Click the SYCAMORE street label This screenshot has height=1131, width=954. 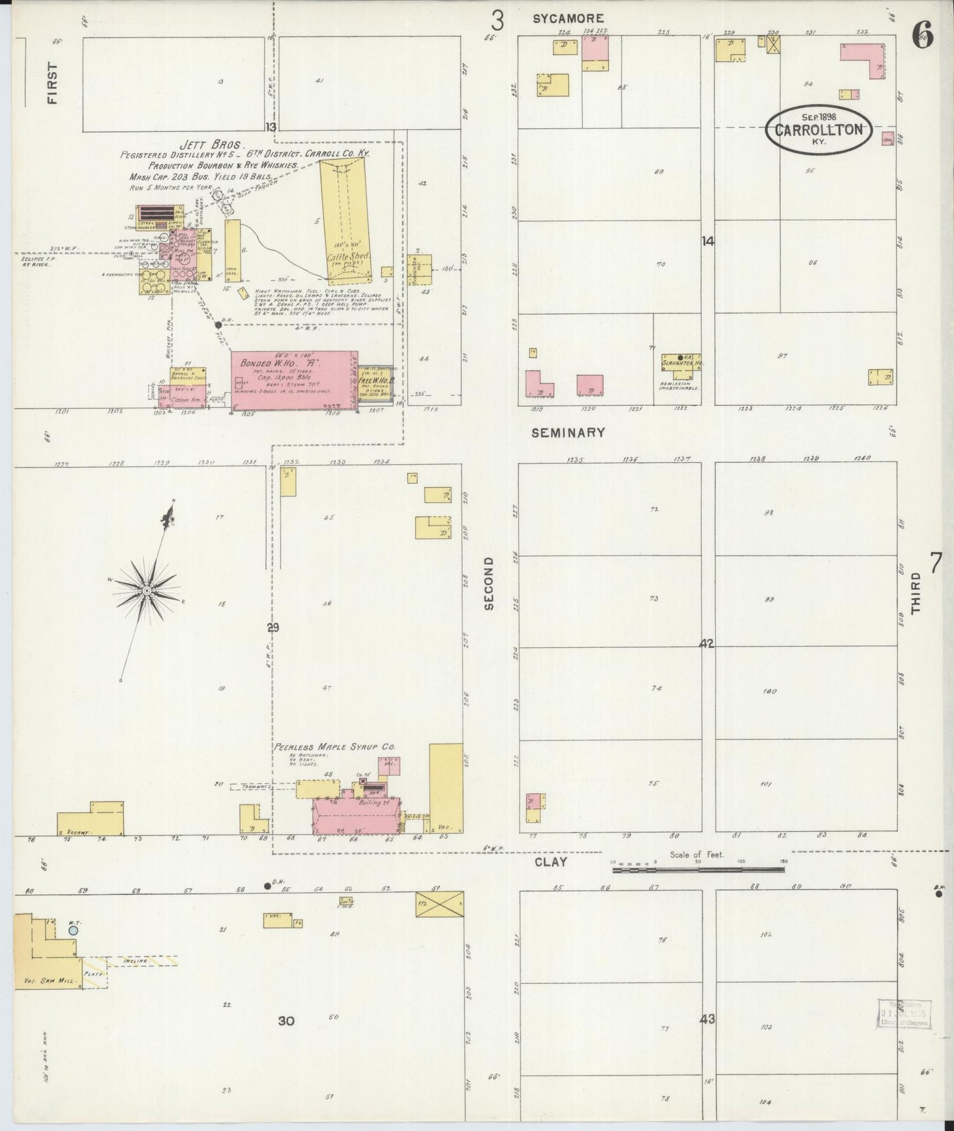click(568, 19)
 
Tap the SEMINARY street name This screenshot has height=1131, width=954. click(568, 433)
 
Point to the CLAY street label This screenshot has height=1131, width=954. click(551, 862)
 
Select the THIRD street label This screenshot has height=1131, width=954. click(916, 594)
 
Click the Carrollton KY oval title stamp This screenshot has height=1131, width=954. click(819, 129)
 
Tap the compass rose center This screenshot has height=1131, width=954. click(146, 589)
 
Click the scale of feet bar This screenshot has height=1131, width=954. click(698, 870)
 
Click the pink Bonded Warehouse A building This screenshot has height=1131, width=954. click(294, 381)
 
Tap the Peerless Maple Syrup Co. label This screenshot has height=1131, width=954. click(335, 747)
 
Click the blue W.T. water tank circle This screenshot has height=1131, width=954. click(73, 930)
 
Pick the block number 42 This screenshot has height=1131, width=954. click(707, 643)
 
